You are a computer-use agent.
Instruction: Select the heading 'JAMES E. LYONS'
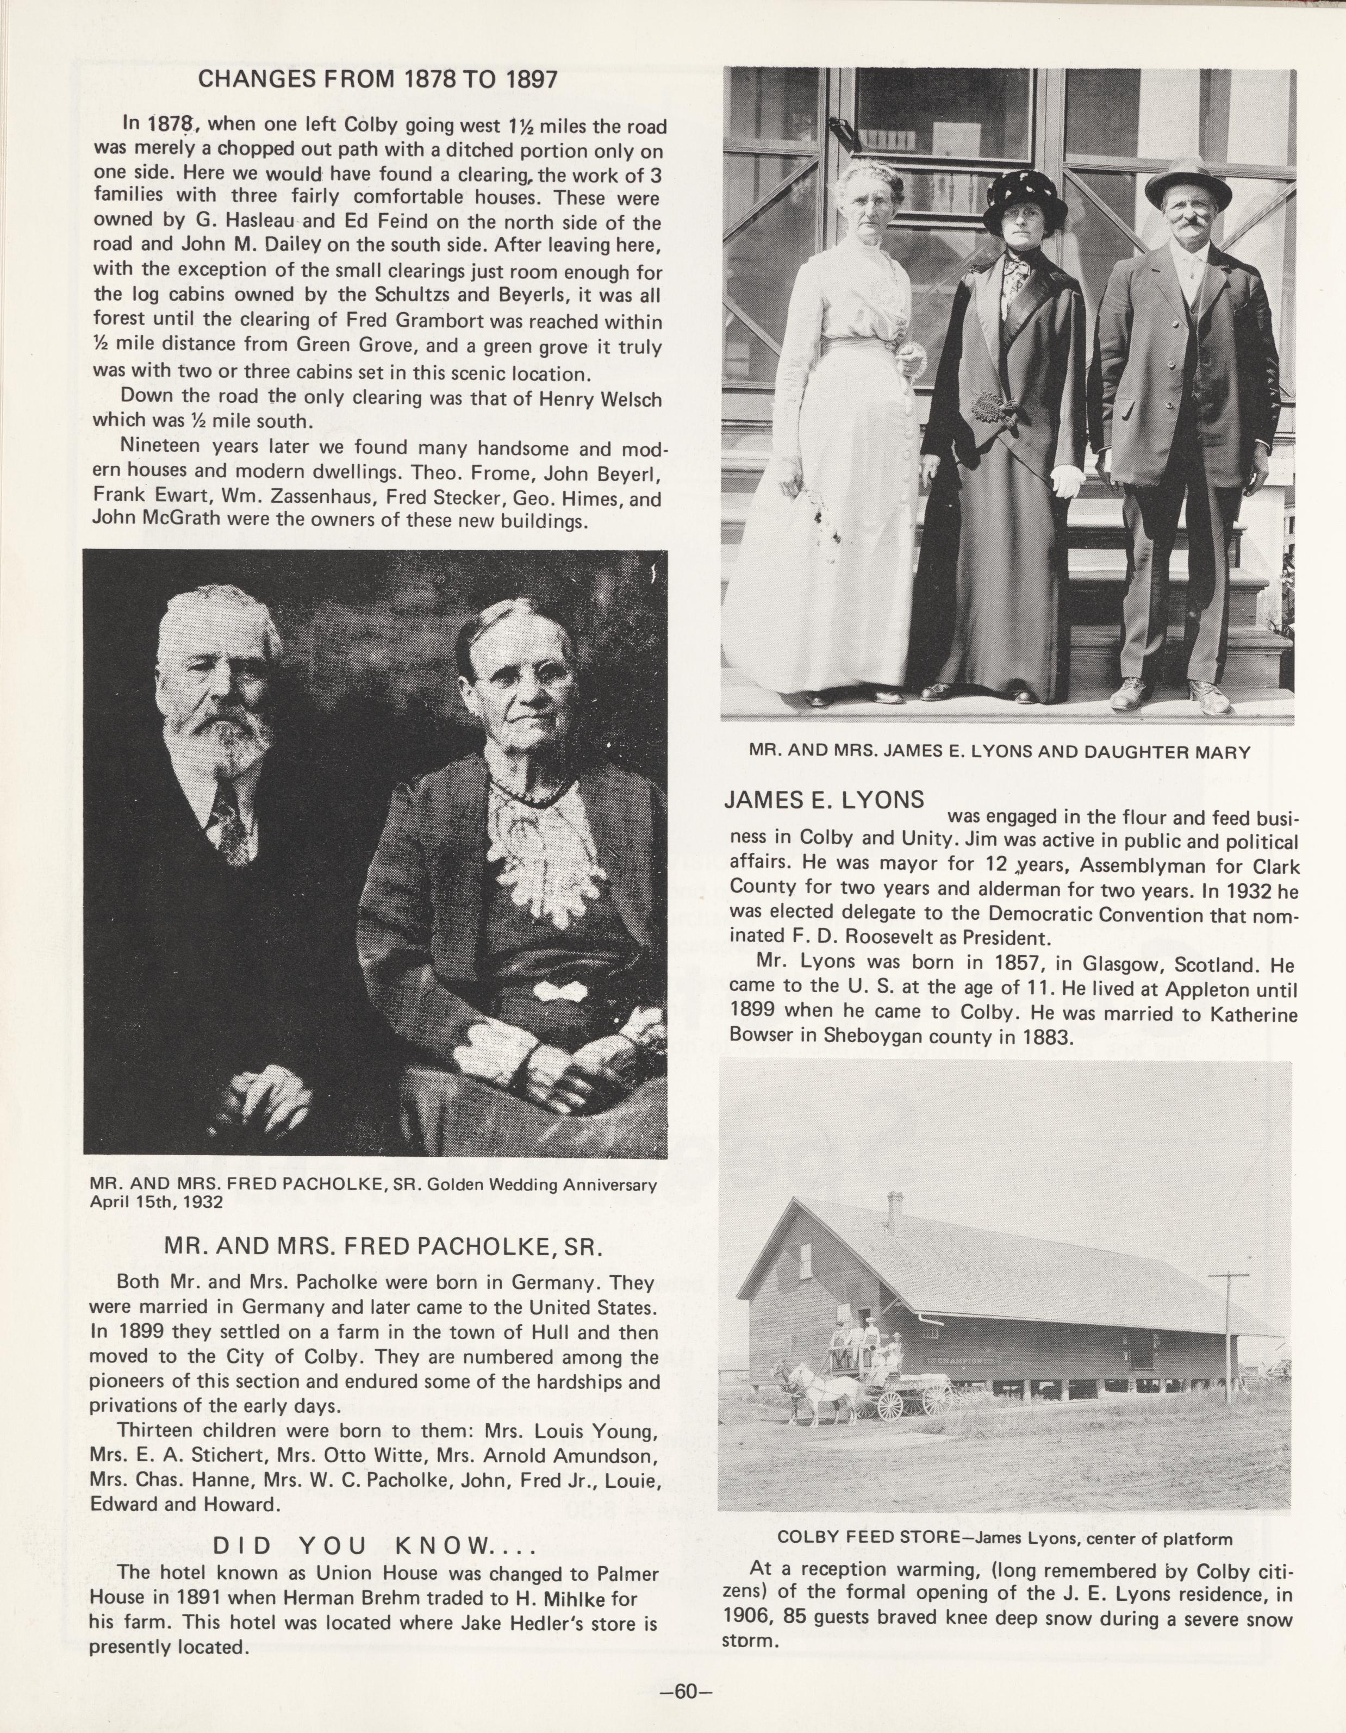tap(825, 800)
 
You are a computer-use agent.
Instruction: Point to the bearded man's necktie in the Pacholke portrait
tap(229, 825)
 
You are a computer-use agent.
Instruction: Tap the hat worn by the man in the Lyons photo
tap(1188, 182)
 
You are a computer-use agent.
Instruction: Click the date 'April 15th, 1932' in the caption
tap(157, 1201)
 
